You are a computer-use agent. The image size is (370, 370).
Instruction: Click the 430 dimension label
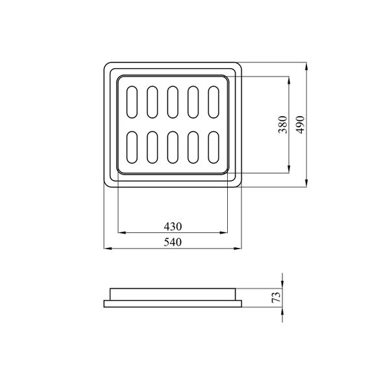click(173, 227)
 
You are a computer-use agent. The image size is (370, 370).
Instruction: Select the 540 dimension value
click(173, 242)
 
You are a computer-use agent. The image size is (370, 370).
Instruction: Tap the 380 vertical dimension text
click(283, 125)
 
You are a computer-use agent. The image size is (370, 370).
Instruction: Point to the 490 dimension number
click(301, 125)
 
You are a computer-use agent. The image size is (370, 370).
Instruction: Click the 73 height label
click(277, 297)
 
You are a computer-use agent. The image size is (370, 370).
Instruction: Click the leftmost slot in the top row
click(132, 102)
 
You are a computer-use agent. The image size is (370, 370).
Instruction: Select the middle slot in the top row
click(173, 102)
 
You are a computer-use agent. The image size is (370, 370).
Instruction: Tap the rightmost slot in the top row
click(214, 102)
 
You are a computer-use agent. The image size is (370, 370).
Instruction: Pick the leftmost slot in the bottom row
click(132, 147)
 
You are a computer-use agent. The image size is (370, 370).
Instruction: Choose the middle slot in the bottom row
click(173, 147)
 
